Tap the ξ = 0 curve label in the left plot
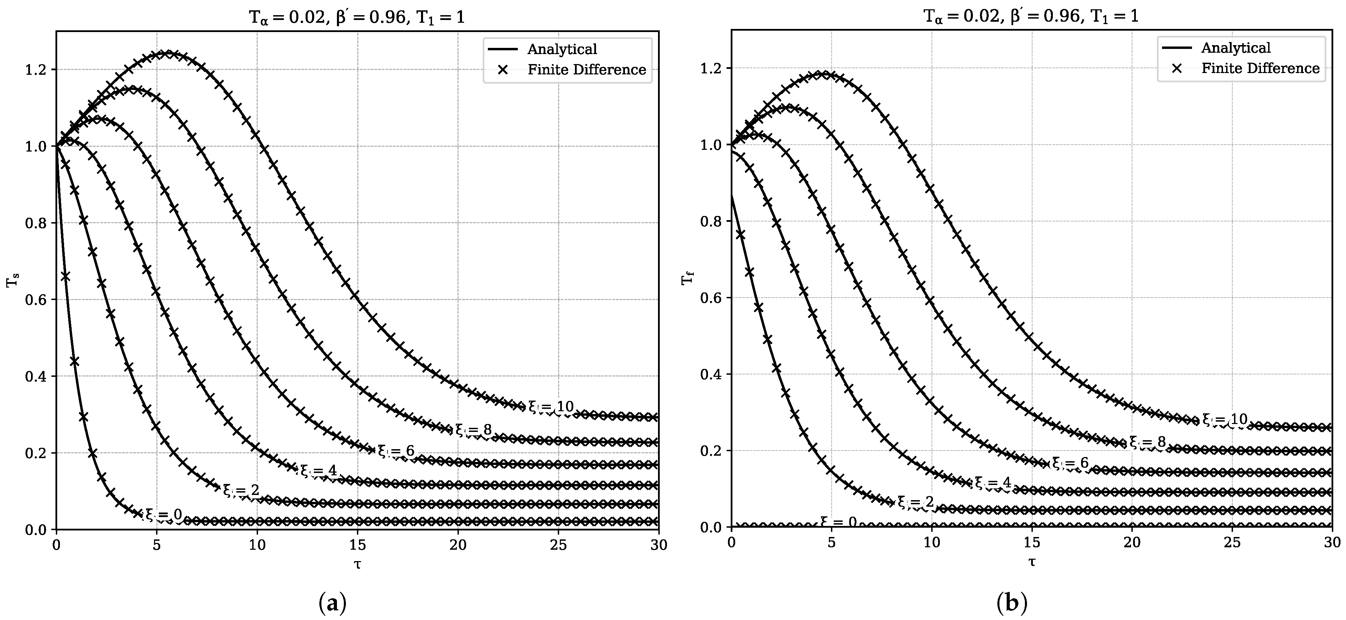point(164,515)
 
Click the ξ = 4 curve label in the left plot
point(318,471)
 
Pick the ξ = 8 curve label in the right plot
point(1148,442)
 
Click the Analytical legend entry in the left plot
point(562,49)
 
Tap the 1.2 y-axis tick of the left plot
point(35,70)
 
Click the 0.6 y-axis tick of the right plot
point(710,298)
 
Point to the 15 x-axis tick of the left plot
point(357,545)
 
